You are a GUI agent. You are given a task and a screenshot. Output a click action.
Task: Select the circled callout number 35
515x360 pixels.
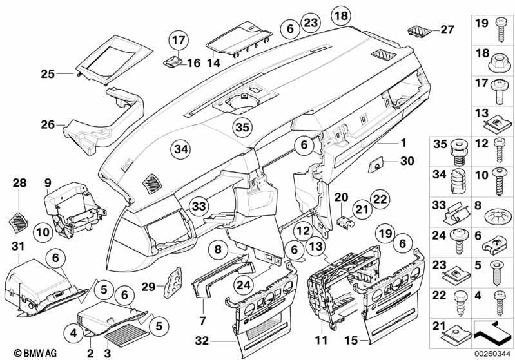pos(241,126)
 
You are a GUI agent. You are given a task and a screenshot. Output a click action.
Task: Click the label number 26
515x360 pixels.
pos(48,125)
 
